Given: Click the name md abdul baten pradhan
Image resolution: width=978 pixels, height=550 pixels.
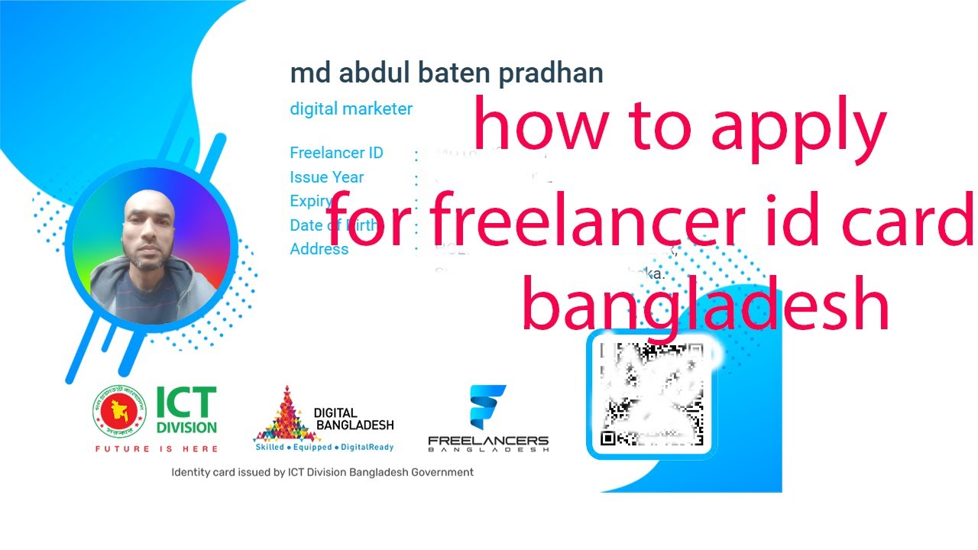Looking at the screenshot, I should pos(446,73).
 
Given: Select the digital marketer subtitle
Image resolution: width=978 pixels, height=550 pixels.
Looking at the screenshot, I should pos(351,108).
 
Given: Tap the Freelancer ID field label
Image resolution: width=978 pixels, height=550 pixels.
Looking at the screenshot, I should pos(336,153).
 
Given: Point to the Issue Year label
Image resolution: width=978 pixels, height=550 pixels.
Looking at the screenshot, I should pos(326,177).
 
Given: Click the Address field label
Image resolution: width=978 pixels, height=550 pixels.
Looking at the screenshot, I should pos(319,249).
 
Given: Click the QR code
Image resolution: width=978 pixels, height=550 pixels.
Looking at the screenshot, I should pos(653,394).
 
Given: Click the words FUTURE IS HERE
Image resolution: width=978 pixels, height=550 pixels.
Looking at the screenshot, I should pos(156,449).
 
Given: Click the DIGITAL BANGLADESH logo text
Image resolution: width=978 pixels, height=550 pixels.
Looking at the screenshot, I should pos(354,419).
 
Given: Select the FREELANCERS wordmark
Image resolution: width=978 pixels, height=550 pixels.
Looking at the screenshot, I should pos(488,441).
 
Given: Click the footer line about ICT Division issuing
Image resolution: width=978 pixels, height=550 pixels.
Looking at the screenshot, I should pos(322,472).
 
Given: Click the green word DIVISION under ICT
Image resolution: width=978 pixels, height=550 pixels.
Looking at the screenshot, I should pos(186,427).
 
